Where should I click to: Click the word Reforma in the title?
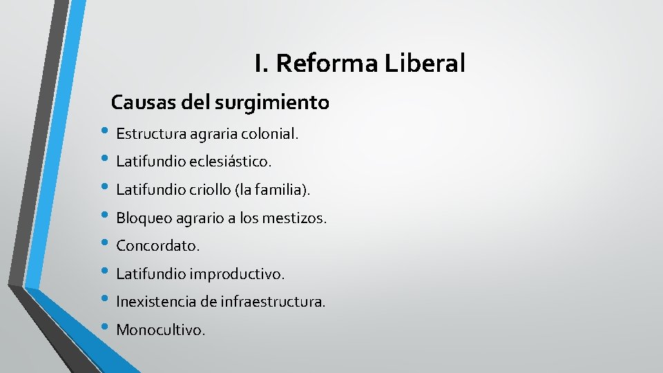pos(327,64)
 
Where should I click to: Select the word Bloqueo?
pos(143,218)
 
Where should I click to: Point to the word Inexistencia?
pos(156,302)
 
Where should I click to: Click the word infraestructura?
pos(273,302)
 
